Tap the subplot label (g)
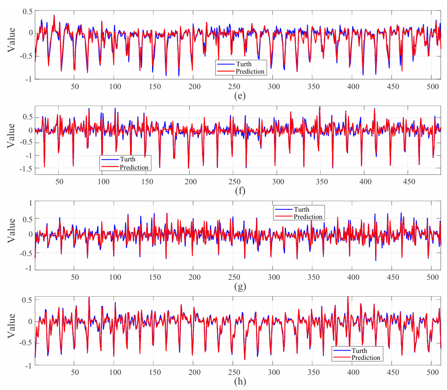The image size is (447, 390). pos(238,287)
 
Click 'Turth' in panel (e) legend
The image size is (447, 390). pos(244,64)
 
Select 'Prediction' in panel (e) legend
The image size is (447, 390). pos(250,71)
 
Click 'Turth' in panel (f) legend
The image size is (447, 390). pos(128,160)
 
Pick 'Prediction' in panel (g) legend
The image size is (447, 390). pos(308,217)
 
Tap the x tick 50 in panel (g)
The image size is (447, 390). pos(75,277)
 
